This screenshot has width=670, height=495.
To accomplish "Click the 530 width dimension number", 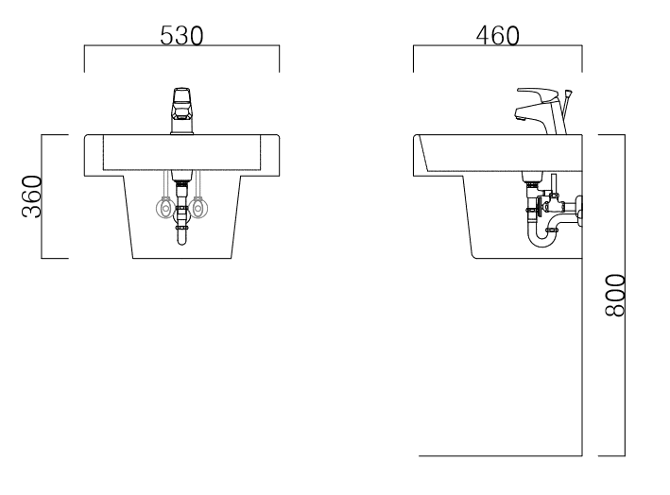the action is [x=181, y=36].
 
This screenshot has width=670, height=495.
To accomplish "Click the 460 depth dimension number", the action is [x=498, y=36].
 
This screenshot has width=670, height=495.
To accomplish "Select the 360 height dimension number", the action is [x=32, y=196].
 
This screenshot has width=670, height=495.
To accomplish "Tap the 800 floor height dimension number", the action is [x=615, y=295].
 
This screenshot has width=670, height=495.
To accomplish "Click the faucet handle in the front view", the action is [x=181, y=103].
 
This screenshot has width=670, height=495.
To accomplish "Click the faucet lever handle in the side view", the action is [x=538, y=94].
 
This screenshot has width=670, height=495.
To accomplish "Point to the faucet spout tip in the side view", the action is [x=519, y=116].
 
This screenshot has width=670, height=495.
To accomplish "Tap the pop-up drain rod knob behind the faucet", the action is [x=569, y=93].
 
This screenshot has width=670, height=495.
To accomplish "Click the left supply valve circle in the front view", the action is [x=164, y=209].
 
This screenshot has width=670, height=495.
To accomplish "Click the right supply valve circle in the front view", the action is [x=198, y=209].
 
